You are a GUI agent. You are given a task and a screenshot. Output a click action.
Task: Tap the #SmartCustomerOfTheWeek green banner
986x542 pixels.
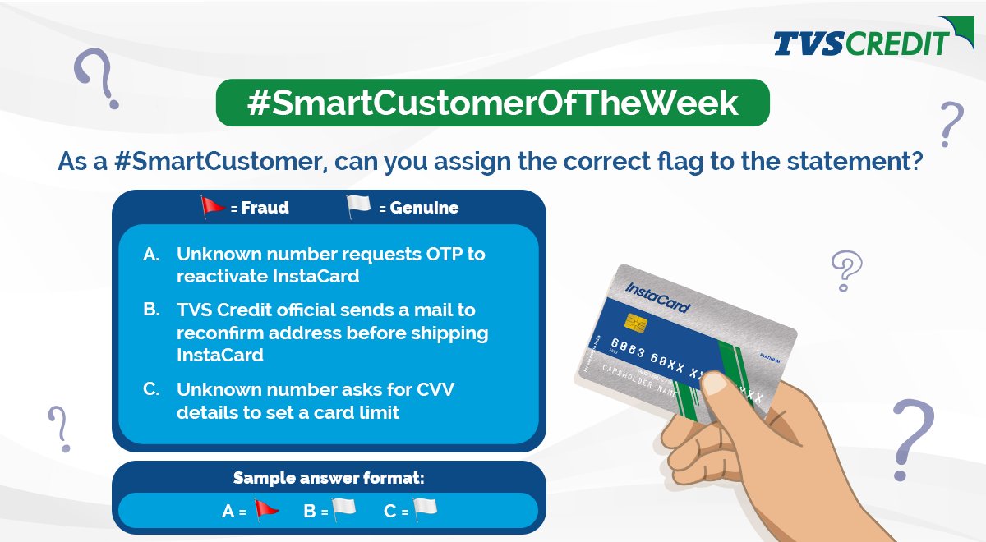point(492,103)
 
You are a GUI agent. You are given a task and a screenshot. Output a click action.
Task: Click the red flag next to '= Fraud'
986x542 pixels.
point(213,207)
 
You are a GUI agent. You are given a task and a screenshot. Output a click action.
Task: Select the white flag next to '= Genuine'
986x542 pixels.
point(358,207)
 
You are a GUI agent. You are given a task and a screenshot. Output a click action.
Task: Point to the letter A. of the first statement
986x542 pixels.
point(151,255)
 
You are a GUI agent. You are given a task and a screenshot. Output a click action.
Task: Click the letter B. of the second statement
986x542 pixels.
point(151,310)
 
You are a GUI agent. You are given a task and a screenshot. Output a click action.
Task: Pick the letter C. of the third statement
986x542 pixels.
point(151,389)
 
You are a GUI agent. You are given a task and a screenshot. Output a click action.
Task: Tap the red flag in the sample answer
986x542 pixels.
point(265,509)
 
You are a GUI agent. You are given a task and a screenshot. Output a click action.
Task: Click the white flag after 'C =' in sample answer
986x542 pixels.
point(425,509)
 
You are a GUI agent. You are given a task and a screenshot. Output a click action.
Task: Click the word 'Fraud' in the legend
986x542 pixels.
point(265,208)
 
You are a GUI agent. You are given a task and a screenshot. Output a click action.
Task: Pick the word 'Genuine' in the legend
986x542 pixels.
point(424,208)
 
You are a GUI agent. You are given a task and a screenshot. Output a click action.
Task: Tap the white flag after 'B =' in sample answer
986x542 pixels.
point(343,509)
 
